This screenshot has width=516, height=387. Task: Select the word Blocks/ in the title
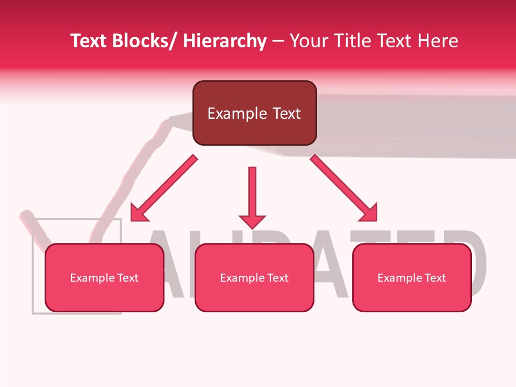click(x=144, y=41)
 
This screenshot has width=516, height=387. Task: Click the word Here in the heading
click(x=438, y=41)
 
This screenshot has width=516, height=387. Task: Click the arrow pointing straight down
click(x=252, y=193)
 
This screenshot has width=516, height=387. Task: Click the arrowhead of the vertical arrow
click(x=252, y=220)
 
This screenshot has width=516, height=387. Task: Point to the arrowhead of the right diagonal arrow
click(x=369, y=213)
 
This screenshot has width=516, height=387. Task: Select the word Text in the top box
click(x=285, y=113)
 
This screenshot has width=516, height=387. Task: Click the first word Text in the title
click(x=89, y=41)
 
